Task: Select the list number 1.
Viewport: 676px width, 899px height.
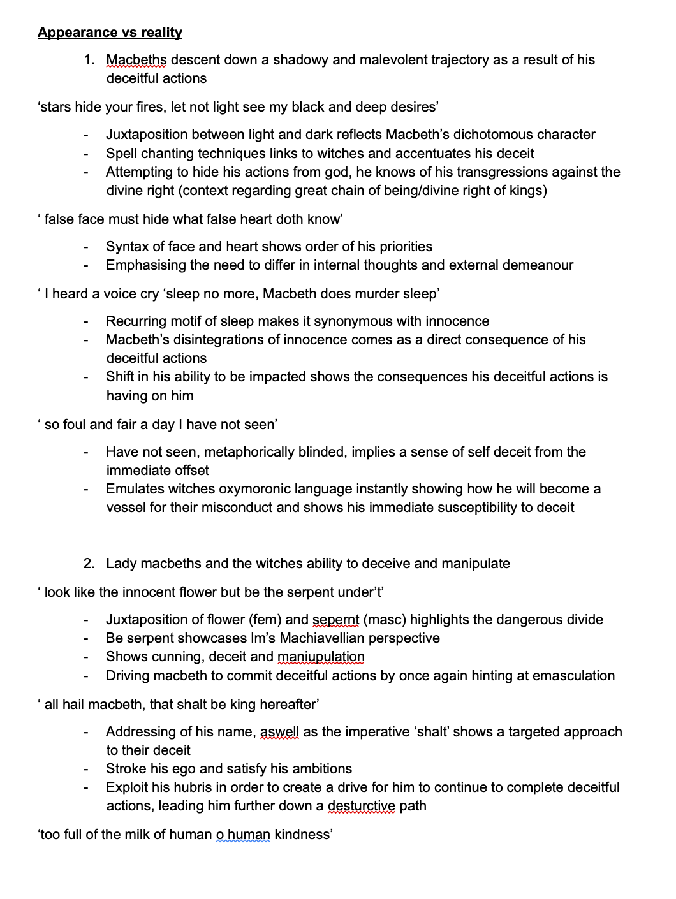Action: [89, 60]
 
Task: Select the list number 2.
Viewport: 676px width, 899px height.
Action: [89, 564]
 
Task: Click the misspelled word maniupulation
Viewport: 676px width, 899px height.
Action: [321, 657]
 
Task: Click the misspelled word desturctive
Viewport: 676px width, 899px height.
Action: [361, 806]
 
